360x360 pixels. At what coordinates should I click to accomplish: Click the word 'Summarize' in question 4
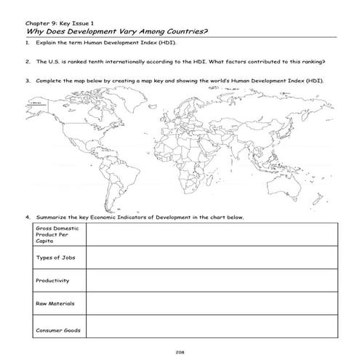point(49,217)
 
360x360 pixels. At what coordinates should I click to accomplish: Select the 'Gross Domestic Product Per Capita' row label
point(54,234)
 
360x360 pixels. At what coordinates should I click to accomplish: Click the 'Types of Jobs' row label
point(51,257)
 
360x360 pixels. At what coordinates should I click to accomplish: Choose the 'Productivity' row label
point(51,280)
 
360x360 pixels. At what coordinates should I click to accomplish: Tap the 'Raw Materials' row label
point(51,303)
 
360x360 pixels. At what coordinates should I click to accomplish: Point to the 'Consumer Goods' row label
point(54,331)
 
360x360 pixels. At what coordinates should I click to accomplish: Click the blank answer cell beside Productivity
point(211,280)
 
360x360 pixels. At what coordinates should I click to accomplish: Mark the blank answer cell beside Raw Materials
point(211,303)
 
